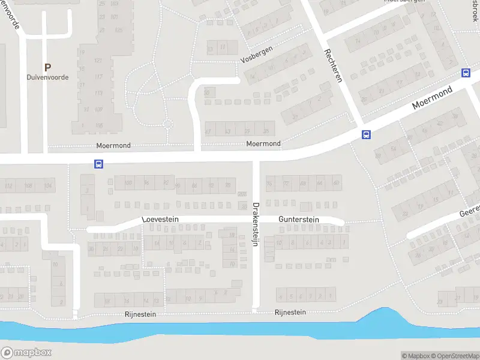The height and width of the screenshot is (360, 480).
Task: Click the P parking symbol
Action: (47, 68)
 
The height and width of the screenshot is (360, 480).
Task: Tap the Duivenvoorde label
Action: (47, 77)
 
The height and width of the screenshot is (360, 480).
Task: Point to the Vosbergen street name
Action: (256, 55)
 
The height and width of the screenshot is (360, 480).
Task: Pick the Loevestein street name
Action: (161, 220)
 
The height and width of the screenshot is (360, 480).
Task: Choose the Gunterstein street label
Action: (299, 220)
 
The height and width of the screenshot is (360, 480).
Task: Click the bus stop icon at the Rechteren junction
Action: (365, 134)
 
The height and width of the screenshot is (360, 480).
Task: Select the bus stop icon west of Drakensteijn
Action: (98, 164)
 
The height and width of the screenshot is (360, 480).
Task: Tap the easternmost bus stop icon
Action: (466, 73)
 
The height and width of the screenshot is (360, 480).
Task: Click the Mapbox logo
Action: (26, 353)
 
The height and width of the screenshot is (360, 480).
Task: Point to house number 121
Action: (99, 61)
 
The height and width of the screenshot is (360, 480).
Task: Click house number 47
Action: (208, 131)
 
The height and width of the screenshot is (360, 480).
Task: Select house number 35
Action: (266, 131)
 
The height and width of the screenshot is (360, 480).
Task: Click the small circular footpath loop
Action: (168, 125)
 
